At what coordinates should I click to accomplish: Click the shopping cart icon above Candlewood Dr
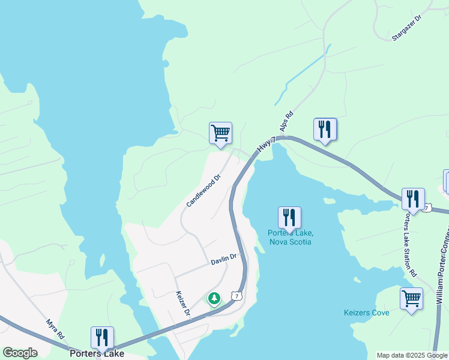[220, 133]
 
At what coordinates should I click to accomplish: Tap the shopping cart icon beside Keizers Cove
[411, 299]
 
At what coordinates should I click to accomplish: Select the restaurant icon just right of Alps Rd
[325, 129]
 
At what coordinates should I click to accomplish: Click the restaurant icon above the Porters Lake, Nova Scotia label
[289, 218]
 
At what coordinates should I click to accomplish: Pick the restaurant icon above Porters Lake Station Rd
[413, 199]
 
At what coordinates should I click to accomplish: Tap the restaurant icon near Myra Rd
[101, 338]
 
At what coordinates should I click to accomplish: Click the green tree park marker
[214, 298]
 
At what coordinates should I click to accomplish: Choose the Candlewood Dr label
[203, 191]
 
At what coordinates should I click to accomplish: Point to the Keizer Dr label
[182, 304]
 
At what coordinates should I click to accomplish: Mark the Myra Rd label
[55, 329]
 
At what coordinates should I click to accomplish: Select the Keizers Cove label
[367, 313]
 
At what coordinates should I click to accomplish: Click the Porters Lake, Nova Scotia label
[289, 238]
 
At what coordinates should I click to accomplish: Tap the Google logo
[20, 353]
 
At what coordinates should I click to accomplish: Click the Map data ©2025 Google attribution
[412, 355]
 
